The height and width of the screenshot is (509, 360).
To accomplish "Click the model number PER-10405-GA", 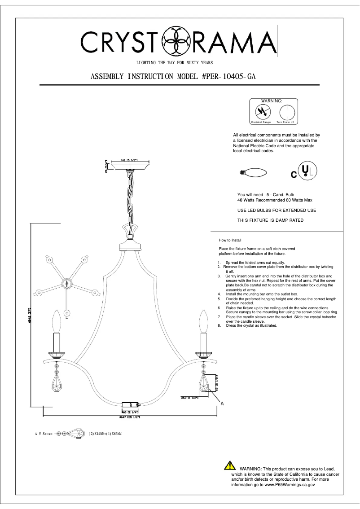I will point(229,76).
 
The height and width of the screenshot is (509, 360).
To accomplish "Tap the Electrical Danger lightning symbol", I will point(260,111).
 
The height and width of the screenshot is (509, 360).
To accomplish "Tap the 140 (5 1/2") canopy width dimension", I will point(128,160).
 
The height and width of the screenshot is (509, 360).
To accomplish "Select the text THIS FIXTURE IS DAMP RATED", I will point(270,220).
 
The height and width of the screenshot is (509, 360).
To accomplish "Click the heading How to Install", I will point(229,241).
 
